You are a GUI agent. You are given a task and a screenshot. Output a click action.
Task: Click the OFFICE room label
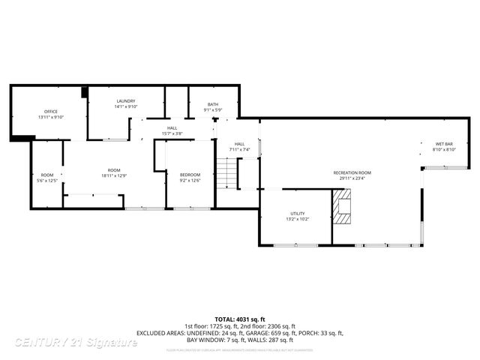pyautogui.click(x=51, y=112)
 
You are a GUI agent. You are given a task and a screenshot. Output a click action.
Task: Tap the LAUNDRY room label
pyautogui.click(x=125, y=101)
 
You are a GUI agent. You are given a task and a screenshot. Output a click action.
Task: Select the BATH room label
pyautogui.click(x=213, y=104)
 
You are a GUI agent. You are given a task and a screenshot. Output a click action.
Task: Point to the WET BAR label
pyautogui.click(x=445, y=144)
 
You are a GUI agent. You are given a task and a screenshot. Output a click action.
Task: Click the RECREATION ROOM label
pyautogui.click(x=352, y=172)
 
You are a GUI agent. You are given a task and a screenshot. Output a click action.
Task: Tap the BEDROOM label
pyautogui.click(x=190, y=175)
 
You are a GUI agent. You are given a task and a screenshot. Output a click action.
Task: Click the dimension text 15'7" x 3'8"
pyautogui.click(x=172, y=133)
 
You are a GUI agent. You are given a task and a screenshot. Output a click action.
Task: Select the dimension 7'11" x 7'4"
pyautogui.click(x=239, y=149)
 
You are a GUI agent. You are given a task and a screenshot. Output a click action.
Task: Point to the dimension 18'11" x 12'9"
pyautogui.click(x=114, y=175)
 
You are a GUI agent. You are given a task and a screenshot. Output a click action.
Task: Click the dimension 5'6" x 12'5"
pyautogui.click(x=48, y=181)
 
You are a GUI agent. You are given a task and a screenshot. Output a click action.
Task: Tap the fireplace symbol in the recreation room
pyautogui.click(x=343, y=207)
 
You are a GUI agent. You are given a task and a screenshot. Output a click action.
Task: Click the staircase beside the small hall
pyautogui.click(x=227, y=175)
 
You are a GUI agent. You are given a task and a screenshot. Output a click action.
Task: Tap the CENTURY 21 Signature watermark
pyautogui.click(x=76, y=342)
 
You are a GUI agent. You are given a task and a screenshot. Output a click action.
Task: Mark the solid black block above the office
pyautogui.click(x=85, y=92)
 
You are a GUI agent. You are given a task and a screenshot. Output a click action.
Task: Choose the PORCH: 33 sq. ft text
pyautogui.click(x=321, y=332)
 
